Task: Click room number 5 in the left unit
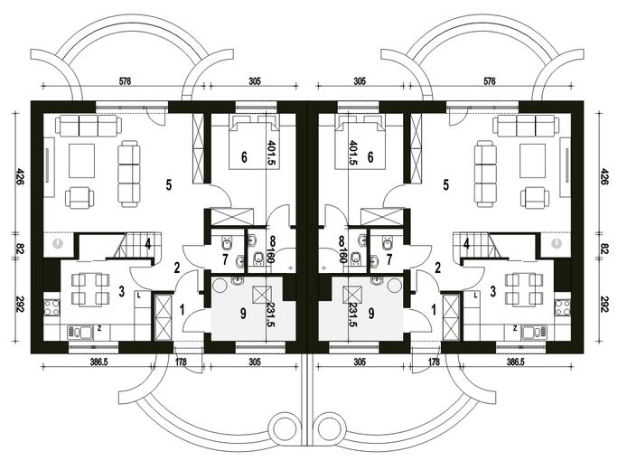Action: [169, 184]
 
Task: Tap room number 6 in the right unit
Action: [370, 157]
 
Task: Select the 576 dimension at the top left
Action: [126, 81]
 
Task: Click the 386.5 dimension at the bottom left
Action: [99, 362]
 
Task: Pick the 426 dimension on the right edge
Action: [604, 176]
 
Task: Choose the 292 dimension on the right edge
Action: [604, 304]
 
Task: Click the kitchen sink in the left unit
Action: [80, 332]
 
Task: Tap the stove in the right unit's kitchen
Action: [563, 307]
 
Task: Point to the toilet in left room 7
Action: [228, 243]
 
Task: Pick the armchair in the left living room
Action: [80, 198]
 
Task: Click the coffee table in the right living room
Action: [533, 161]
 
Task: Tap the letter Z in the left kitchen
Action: [99, 328]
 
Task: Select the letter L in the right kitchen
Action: [475, 296]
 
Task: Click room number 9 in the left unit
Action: [242, 314]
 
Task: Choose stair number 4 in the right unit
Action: [466, 243]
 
